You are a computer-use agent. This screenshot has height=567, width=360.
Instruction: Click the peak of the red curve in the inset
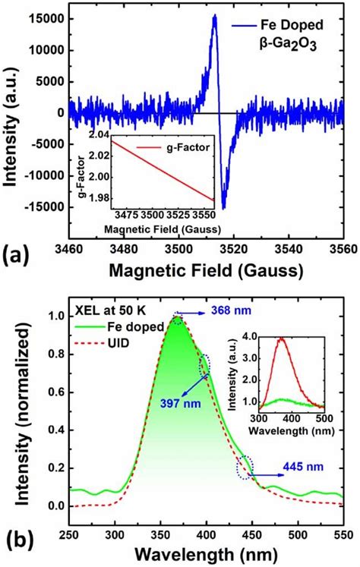point(282,360)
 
